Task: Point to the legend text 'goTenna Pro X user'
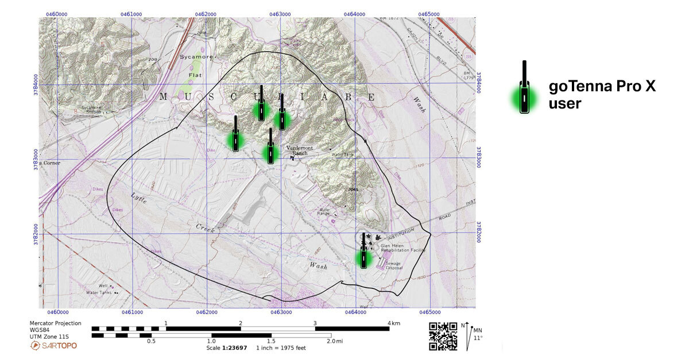[602, 95]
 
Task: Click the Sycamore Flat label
[196, 66]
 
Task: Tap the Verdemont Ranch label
[303, 150]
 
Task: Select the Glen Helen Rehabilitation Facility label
[401, 249]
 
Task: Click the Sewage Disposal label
[394, 265]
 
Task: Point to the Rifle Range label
[328, 212]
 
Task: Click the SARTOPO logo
[53, 346]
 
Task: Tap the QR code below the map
[443, 336]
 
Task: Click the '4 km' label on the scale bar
[394, 323]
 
